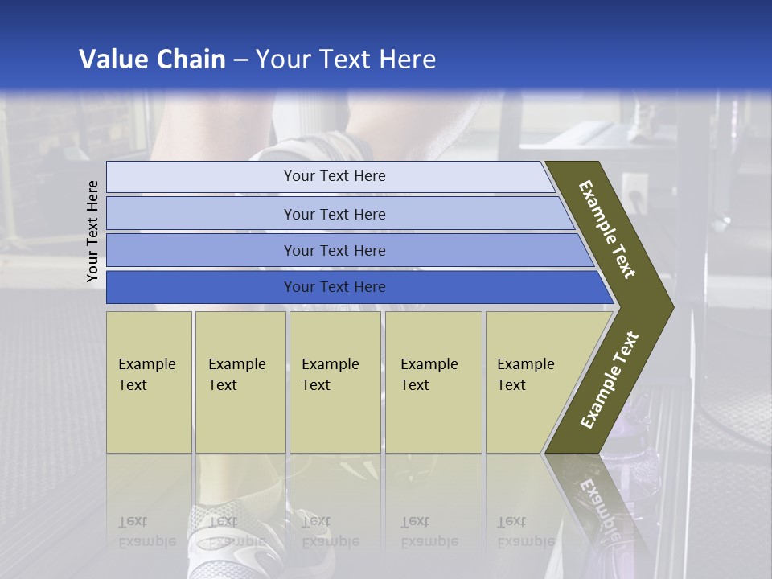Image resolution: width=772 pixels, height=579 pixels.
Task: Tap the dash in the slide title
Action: (240, 60)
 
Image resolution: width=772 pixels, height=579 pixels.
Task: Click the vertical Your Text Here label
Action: (92, 231)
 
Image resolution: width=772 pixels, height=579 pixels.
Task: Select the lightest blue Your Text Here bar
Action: (334, 176)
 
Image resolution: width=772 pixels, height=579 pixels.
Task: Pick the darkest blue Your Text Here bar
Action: (334, 287)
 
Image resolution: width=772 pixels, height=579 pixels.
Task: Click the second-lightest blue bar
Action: (334, 214)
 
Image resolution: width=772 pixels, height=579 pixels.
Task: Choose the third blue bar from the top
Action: (334, 250)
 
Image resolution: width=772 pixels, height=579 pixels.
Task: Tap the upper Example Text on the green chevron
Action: (607, 229)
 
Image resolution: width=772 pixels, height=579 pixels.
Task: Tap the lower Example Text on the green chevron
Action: (610, 380)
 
